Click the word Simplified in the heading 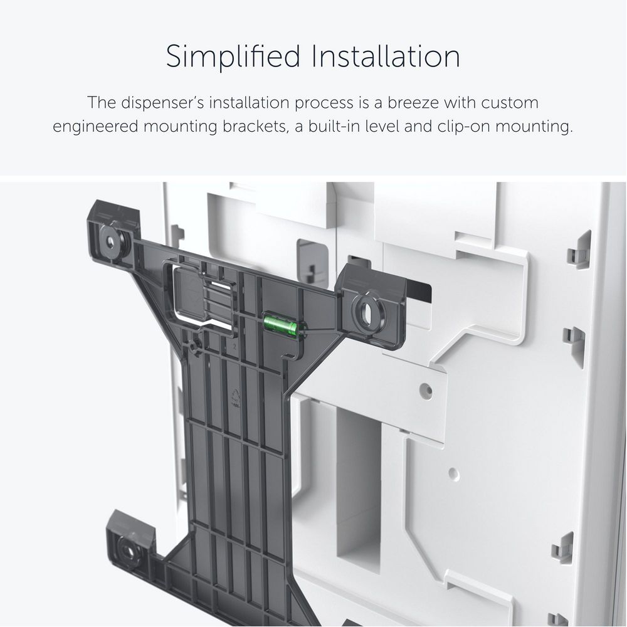tap(233, 57)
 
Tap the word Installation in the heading tap(386, 56)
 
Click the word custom tap(509, 103)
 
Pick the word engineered tap(95, 127)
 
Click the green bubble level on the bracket tap(280, 324)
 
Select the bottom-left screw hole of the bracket tap(129, 552)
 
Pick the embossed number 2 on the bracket tap(234, 347)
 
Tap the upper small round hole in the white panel tap(426, 389)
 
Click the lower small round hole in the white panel tap(453, 474)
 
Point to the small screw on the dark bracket tap(196, 345)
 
